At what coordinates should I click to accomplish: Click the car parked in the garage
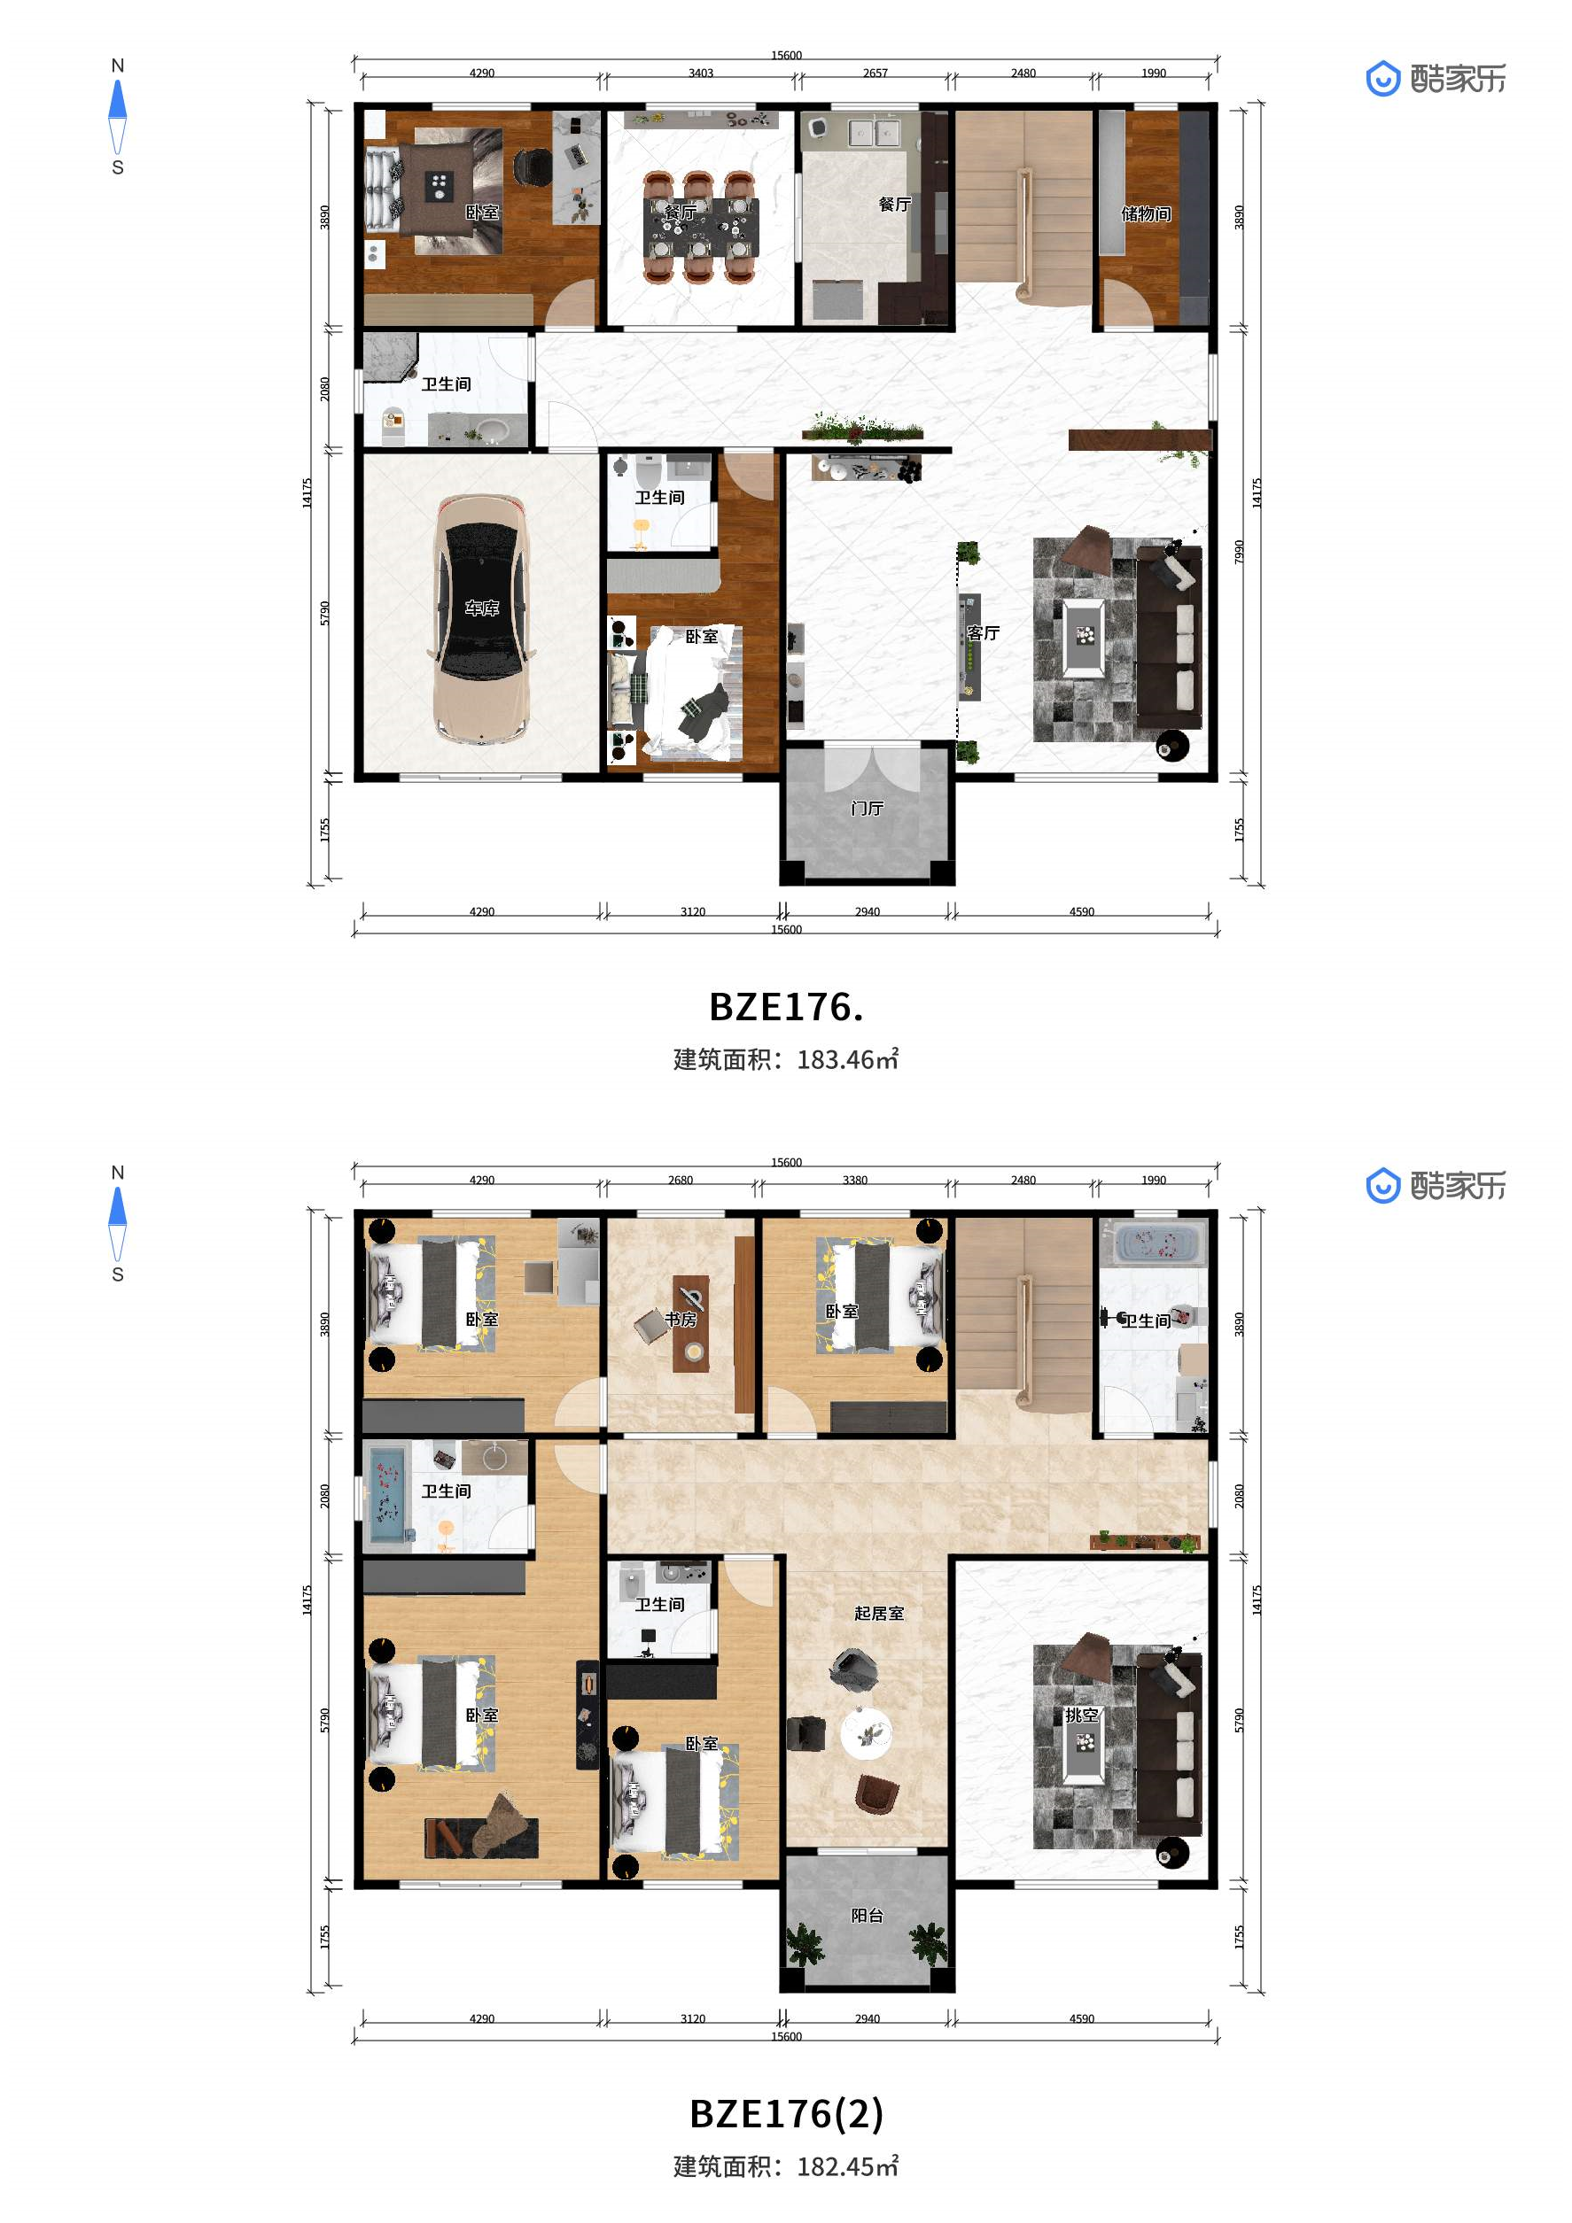[x=481, y=619]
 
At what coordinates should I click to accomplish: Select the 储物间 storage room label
[x=1146, y=214]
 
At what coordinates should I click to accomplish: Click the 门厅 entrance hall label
[x=867, y=808]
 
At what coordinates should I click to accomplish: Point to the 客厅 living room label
[x=983, y=633]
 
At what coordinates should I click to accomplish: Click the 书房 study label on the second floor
[x=681, y=1319]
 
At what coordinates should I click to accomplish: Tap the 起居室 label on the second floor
[x=878, y=1613]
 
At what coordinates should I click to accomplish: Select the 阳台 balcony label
[x=867, y=1915]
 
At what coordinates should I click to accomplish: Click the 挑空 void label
[x=1082, y=1716]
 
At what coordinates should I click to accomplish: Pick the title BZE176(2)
[x=787, y=2113]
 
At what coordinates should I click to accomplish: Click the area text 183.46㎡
[x=847, y=1059]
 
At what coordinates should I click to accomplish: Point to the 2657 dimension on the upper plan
[x=875, y=73]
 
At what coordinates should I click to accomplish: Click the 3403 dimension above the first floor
[x=701, y=73]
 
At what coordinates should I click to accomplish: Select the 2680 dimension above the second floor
[x=681, y=1181]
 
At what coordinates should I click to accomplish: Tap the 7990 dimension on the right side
[x=1239, y=553]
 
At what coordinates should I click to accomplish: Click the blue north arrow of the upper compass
[x=117, y=99]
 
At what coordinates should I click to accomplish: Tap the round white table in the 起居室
[x=865, y=1732]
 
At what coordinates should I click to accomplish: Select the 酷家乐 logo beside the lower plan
[x=1436, y=1185]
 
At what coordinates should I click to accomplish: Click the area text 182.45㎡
[x=847, y=2166]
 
